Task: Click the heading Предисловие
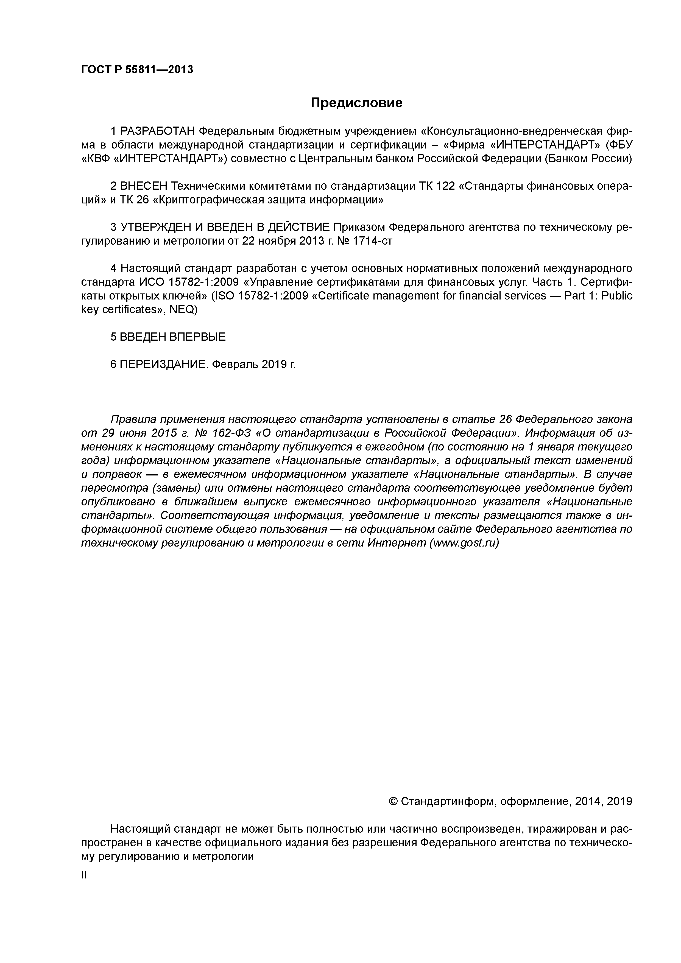356,103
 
